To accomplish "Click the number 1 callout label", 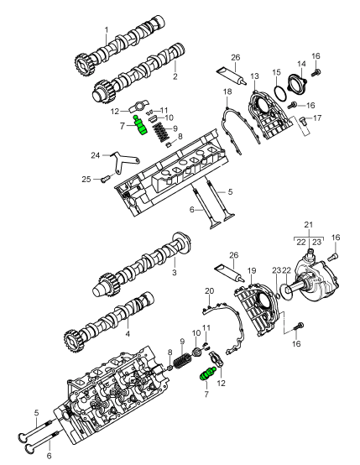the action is point(107,30).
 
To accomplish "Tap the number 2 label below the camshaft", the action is point(175,76).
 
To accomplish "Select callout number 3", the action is point(175,272).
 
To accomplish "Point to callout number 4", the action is point(128,334).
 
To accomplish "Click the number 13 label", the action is point(254,76).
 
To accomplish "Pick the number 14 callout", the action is point(301,64).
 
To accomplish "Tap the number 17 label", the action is point(317,118).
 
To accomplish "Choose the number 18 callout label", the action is point(227,91).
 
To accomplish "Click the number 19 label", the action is point(252,270).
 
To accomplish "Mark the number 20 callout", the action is point(209,291).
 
